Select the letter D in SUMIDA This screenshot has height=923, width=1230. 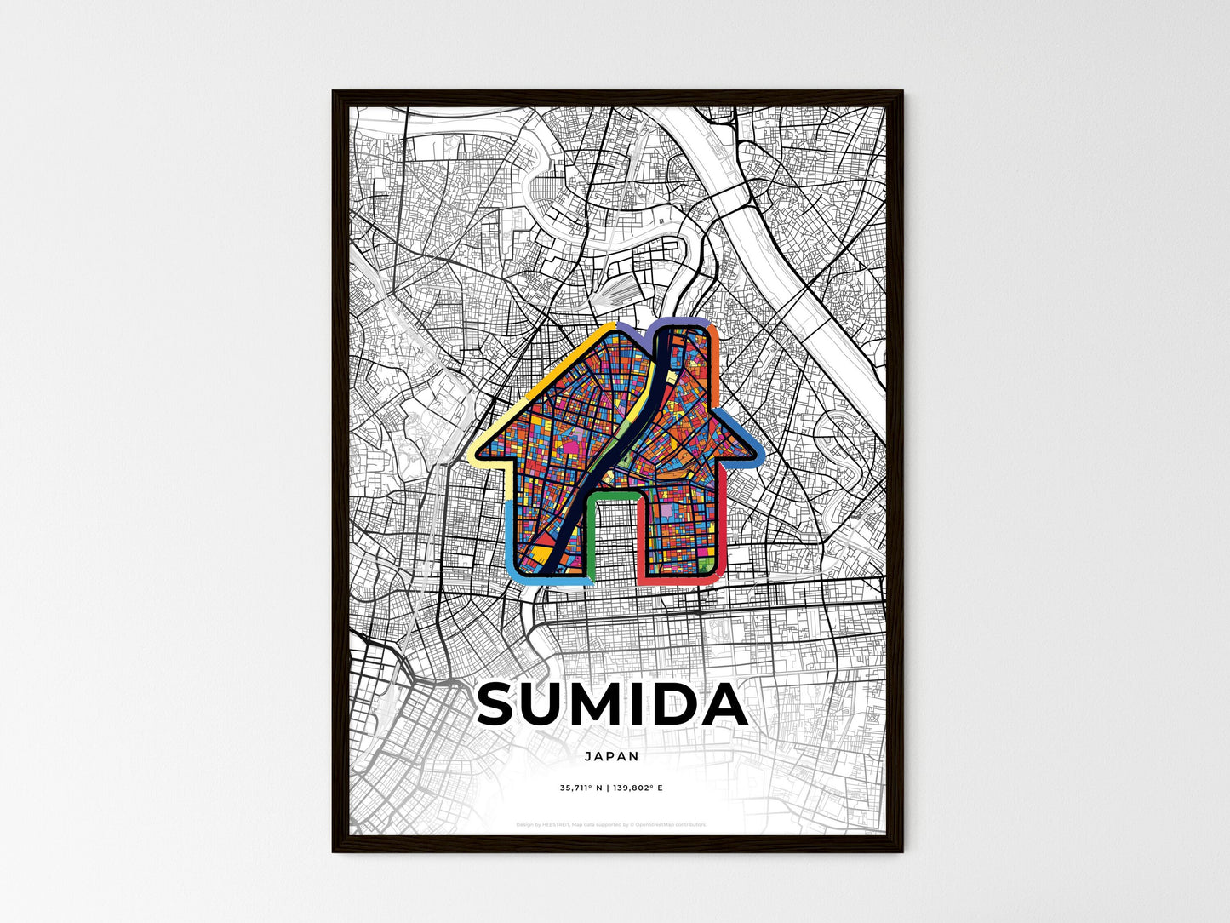[679, 705]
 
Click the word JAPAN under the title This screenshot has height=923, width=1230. [611, 756]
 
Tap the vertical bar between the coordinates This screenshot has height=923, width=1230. [607, 788]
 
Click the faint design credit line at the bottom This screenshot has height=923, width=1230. [611, 825]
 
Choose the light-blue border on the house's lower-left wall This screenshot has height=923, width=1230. [510, 536]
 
